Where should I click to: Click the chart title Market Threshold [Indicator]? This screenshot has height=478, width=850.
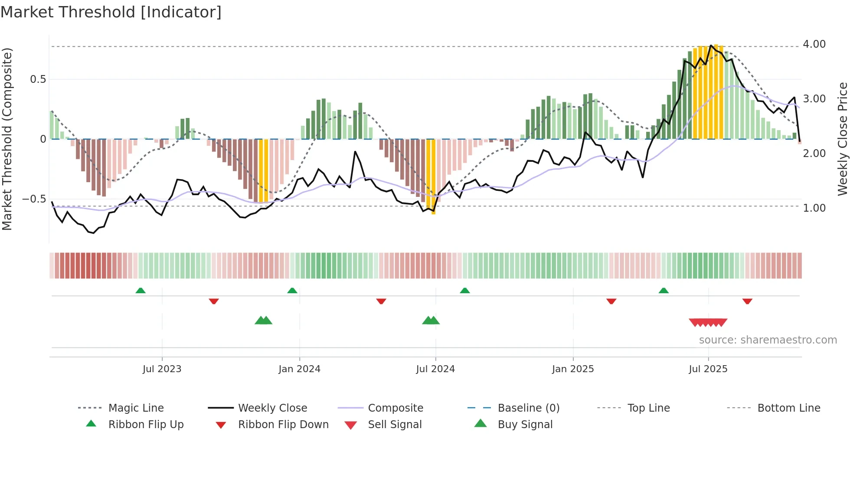pyautogui.click(x=111, y=12)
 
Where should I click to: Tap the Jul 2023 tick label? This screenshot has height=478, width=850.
pyautogui.click(x=162, y=369)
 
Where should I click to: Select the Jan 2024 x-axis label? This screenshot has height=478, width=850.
pyautogui.click(x=299, y=369)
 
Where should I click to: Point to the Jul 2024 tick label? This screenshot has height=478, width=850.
pyautogui.click(x=435, y=369)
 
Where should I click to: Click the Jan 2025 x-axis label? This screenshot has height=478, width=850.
pyautogui.click(x=573, y=369)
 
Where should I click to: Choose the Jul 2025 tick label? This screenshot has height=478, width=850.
pyautogui.click(x=708, y=369)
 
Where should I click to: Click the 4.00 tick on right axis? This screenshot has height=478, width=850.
pyautogui.click(x=814, y=44)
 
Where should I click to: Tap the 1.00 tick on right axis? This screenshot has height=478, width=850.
pyautogui.click(x=814, y=208)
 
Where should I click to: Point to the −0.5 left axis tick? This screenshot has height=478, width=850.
pyautogui.click(x=34, y=199)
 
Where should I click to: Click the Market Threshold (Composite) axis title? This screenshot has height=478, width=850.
pyautogui.click(x=7, y=139)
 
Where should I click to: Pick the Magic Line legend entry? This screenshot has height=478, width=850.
pyautogui.click(x=136, y=408)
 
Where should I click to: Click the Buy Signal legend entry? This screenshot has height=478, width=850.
pyautogui.click(x=525, y=425)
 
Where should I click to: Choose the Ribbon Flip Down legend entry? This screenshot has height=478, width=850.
pyautogui.click(x=283, y=425)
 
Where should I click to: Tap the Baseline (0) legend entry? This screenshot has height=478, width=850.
pyautogui.click(x=528, y=408)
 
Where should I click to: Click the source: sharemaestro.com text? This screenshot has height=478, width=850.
pyautogui.click(x=768, y=340)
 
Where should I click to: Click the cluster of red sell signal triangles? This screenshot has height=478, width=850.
pyautogui.click(x=708, y=322)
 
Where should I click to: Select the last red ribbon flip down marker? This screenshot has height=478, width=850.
pyautogui.click(x=747, y=301)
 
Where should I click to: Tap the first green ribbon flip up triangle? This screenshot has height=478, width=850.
pyautogui.click(x=141, y=291)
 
